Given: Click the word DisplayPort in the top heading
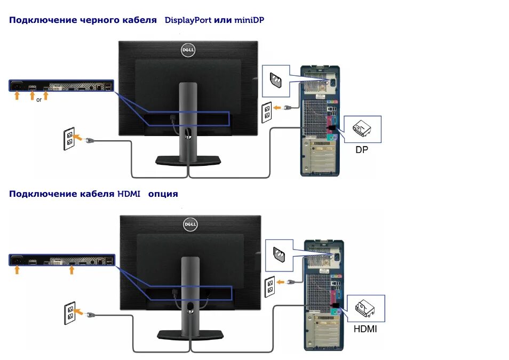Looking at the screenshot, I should coord(188,20).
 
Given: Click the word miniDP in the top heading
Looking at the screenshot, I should coord(249,20).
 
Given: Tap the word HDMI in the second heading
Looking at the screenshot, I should coord(129,194).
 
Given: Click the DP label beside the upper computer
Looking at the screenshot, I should coord(362,150).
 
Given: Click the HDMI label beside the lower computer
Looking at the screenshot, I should coord(365,329).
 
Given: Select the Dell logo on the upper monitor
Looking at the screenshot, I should coord(188,50).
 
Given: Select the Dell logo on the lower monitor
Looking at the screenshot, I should coord(190,225).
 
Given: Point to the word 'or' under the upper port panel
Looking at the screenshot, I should coord(39,99).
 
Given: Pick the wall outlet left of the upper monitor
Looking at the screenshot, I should coord(69,138).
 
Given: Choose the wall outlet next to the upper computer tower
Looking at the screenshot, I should coord(267,111).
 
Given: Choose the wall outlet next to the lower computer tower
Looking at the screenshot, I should coord(271,287).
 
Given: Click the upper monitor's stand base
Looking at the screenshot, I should coord(188,160).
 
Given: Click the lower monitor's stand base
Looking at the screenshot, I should coord(190,334).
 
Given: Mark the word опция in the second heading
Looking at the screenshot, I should coord(163,194).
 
